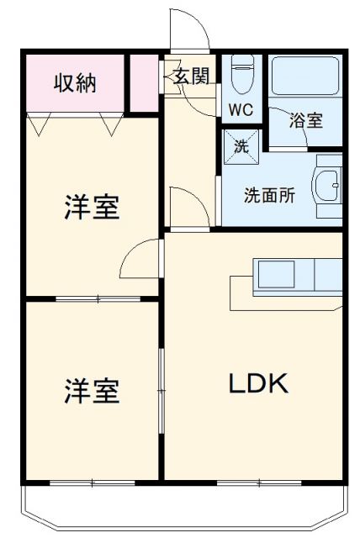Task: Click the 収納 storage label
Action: tap(75, 84)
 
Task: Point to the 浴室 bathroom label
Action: tap(306, 120)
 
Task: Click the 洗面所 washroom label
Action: tap(269, 196)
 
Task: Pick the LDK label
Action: tap(260, 383)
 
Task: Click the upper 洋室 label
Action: tap(92, 208)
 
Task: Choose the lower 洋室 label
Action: tap(92, 391)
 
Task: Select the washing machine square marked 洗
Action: tap(241, 145)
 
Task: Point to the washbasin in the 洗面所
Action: tap(328, 182)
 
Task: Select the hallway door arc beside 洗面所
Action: tap(188, 206)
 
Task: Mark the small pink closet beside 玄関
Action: tap(144, 82)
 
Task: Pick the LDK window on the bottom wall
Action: tap(252, 483)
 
